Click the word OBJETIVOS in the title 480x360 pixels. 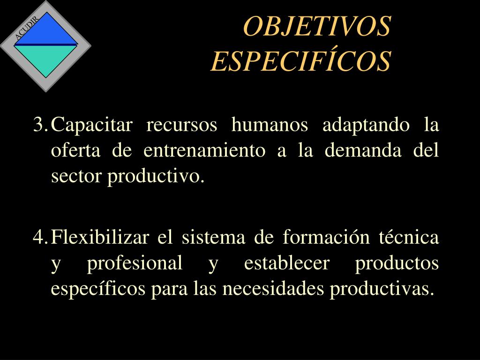coord(317,26)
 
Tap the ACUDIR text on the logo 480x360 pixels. coord(27,28)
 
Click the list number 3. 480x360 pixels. coord(39,125)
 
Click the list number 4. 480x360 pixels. coord(39,237)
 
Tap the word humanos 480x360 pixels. coord(270,124)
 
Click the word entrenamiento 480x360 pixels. coord(204,150)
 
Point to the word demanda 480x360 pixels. coord(363,150)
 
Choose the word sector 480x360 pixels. coord(75,177)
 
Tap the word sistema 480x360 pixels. coord(213,237)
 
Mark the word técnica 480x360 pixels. coord(409,237)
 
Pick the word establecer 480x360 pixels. coord(287,262)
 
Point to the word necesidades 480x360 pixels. coord(273,288)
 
